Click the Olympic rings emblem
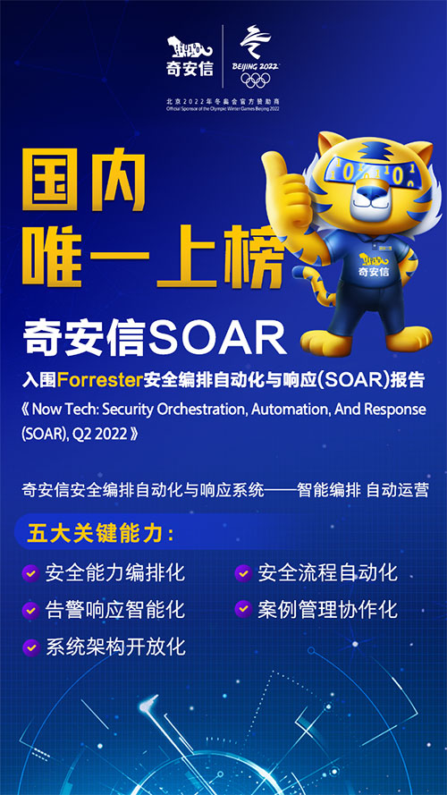tap(256, 79)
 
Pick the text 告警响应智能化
tap(115, 610)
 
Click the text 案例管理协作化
tap(327, 610)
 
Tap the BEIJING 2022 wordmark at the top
tap(256, 64)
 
